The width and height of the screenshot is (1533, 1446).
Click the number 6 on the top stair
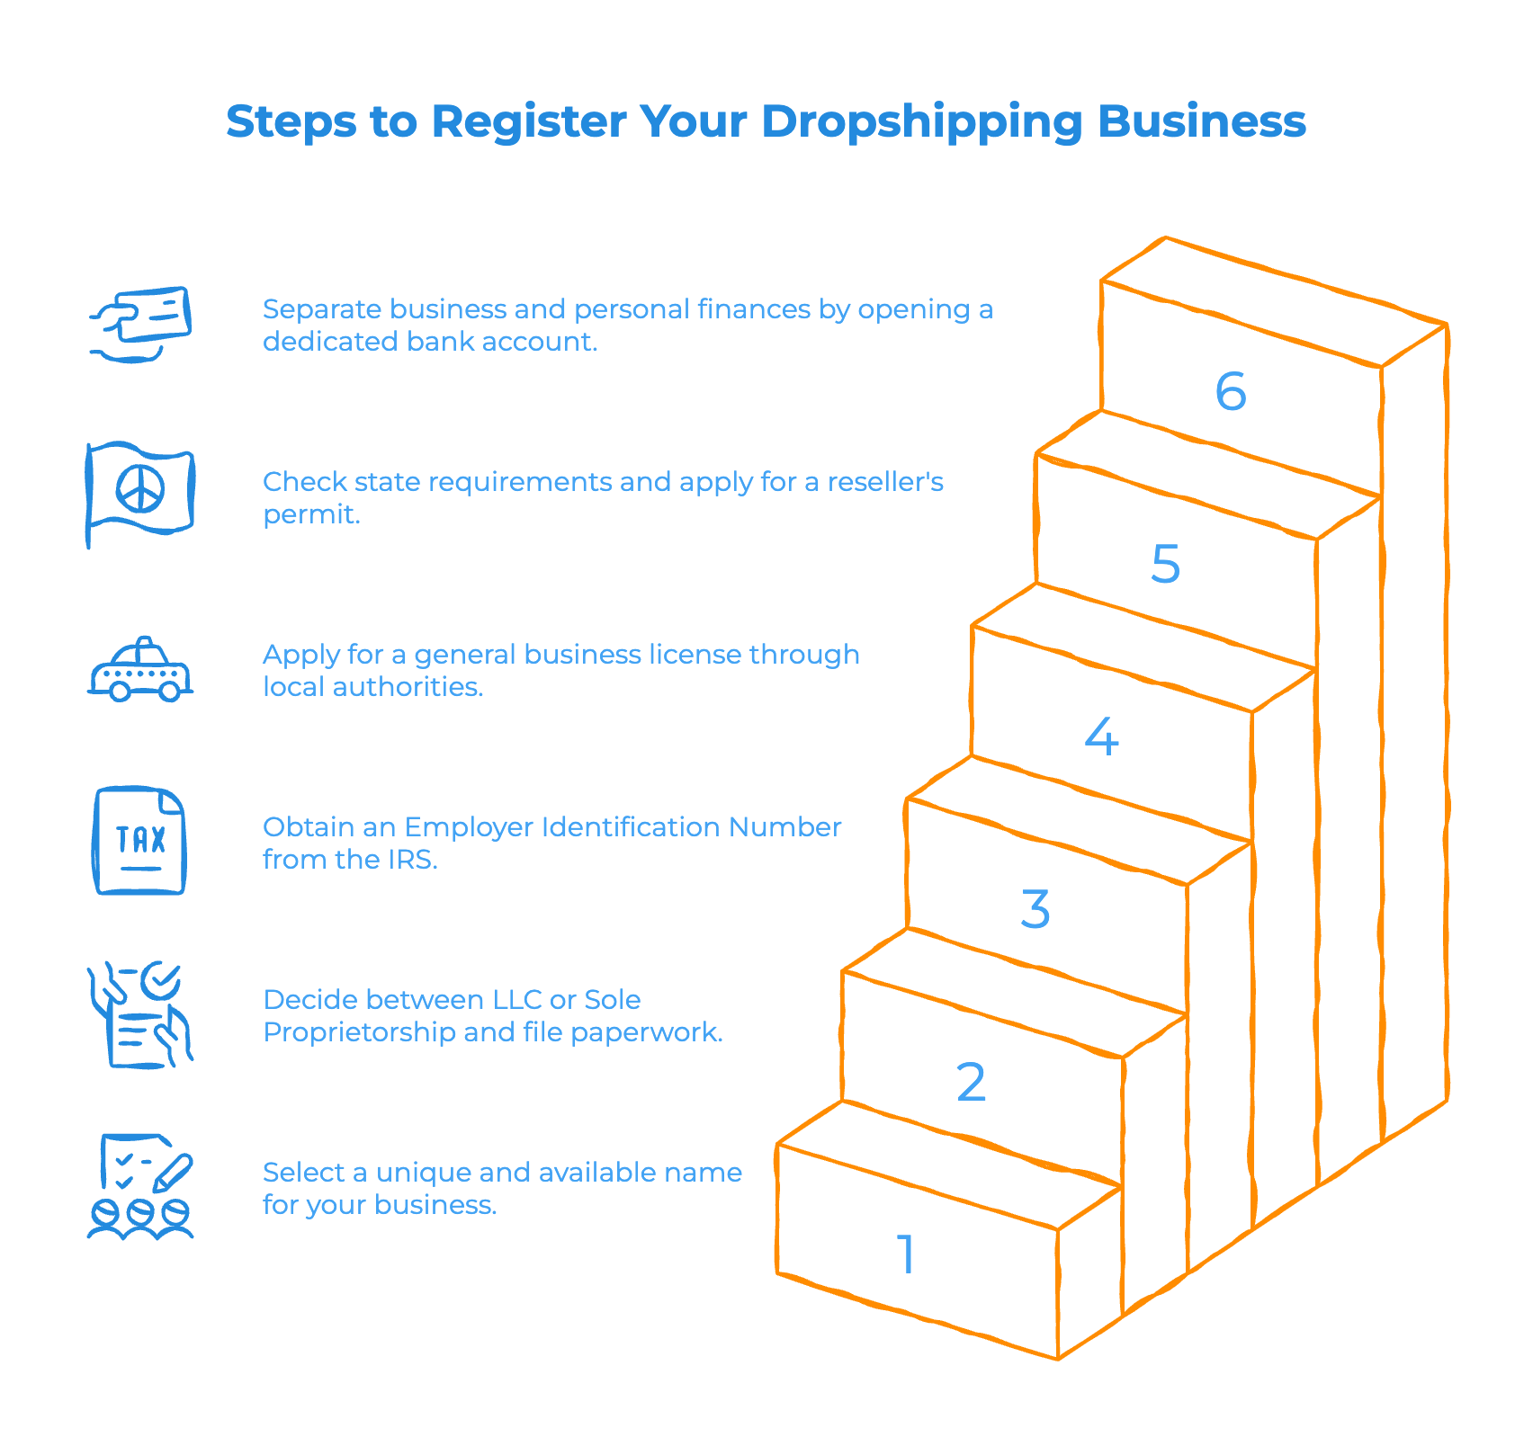[x=1230, y=391]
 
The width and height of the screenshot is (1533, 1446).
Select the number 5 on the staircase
[x=1165, y=564]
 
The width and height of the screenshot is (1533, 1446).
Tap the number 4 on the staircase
[x=1101, y=736]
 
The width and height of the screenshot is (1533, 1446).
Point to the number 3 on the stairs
[x=1035, y=909]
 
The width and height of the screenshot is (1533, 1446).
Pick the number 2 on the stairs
[x=971, y=1082]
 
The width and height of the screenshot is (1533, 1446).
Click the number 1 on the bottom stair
[x=907, y=1254]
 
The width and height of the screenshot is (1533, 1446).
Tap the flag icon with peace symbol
[x=140, y=493]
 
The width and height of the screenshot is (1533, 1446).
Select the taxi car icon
[x=140, y=671]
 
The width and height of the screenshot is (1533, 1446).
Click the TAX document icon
[x=139, y=841]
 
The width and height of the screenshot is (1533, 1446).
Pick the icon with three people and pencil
[x=141, y=1186]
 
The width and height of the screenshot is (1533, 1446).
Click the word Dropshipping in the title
[x=921, y=122]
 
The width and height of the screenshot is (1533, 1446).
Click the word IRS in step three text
[x=411, y=860]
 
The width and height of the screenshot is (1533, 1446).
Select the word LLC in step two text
[x=516, y=1000]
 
